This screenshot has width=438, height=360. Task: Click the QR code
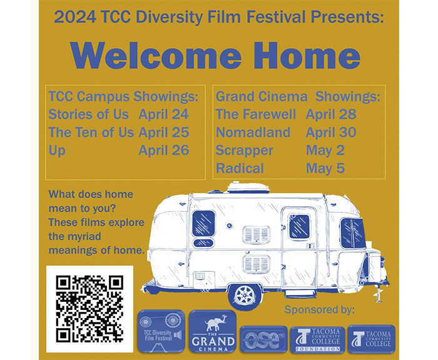click(89, 309)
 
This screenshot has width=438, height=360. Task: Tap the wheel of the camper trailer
click(245, 296)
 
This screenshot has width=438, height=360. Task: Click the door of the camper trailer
click(299, 247)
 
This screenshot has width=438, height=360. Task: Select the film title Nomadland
click(253, 132)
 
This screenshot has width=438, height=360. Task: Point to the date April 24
click(164, 114)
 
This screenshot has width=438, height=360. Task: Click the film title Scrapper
click(244, 151)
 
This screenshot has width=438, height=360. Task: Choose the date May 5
click(325, 169)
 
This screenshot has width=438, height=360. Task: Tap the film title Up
click(57, 151)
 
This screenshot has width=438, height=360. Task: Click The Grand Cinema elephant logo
click(213, 332)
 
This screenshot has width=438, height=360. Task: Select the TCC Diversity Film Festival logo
click(161, 331)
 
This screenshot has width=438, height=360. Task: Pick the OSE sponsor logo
click(263, 339)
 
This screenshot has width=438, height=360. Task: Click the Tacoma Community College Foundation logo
click(318, 339)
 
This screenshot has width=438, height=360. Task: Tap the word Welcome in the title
click(156, 55)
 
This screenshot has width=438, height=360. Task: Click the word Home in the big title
click(307, 55)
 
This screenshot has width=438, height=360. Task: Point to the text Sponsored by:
click(320, 309)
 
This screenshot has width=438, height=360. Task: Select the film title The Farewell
click(255, 114)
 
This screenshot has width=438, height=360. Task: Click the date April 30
click(331, 132)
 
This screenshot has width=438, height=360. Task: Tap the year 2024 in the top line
click(75, 17)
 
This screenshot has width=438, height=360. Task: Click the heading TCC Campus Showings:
click(123, 96)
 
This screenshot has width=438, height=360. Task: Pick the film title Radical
click(240, 169)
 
